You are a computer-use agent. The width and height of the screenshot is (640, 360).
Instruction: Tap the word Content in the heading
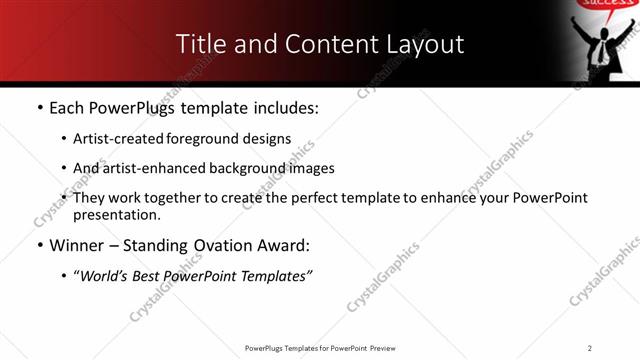(320, 45)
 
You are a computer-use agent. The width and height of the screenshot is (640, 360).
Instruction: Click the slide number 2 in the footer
(590, 347)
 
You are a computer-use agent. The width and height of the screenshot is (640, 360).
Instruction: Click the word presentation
(116, 214)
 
